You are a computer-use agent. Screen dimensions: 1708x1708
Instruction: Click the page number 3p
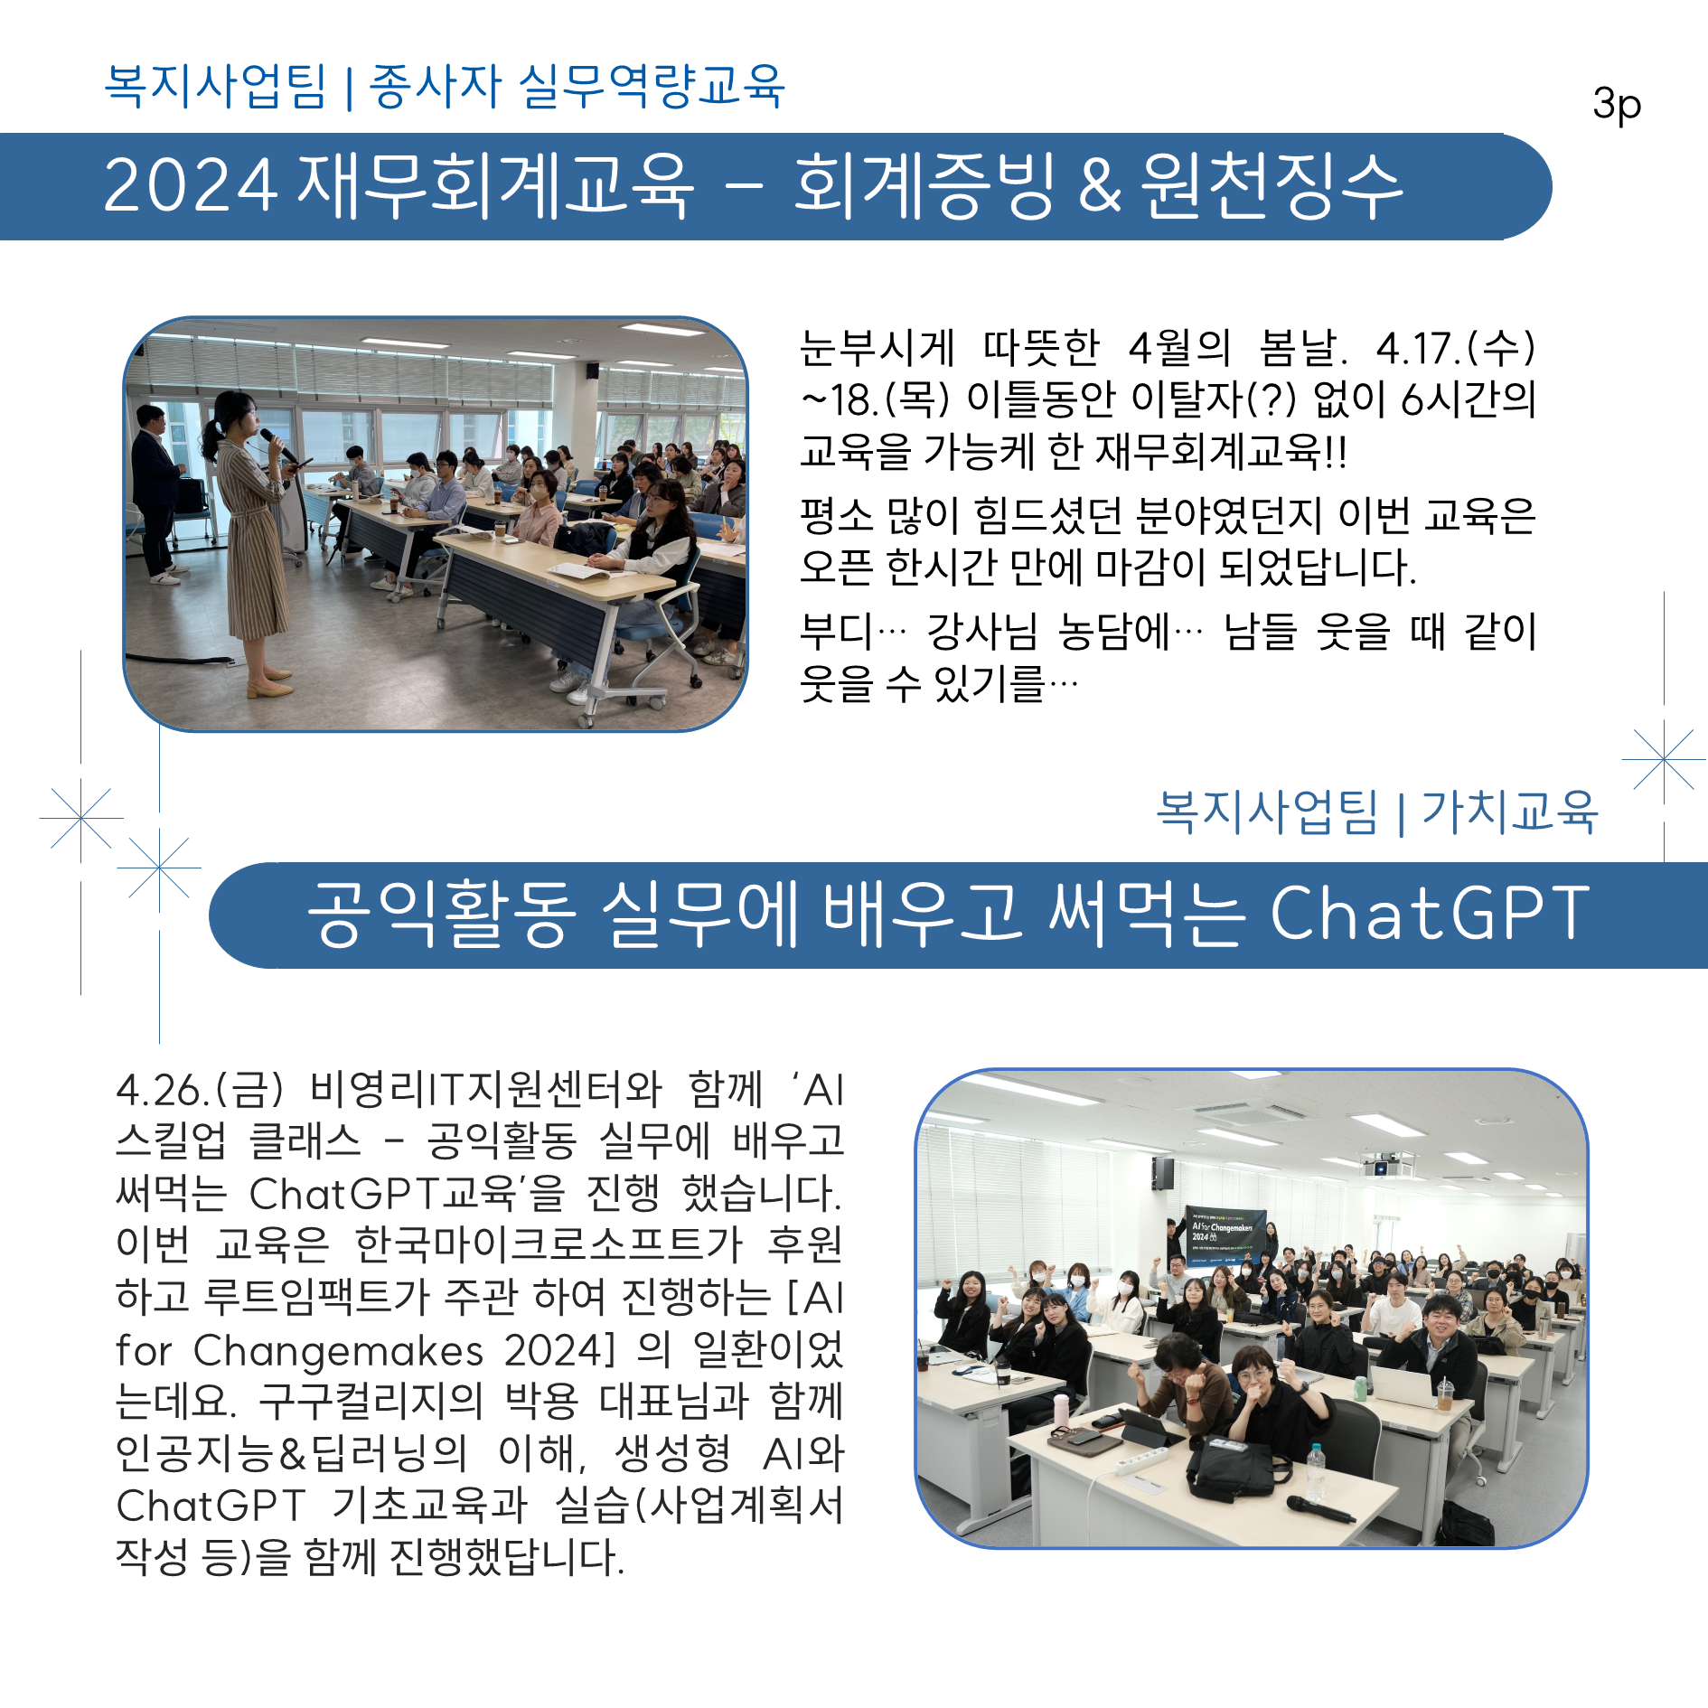point(1617,105)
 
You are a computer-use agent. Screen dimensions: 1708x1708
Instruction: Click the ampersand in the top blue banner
point(1099,185)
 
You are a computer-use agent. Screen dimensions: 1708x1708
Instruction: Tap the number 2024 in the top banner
point(190,185)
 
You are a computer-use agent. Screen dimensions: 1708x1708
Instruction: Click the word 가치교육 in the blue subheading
point(1509,811)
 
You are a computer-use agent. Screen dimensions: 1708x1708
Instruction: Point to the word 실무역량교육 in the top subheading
point(651,87)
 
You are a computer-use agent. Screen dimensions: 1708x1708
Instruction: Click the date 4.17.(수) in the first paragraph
point(1455,348)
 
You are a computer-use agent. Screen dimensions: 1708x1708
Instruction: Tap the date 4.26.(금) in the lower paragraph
point(200,1090)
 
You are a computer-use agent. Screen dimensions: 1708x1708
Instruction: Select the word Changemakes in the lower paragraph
point(338,1351)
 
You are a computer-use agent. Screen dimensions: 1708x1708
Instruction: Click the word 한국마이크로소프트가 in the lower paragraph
point(548,1245)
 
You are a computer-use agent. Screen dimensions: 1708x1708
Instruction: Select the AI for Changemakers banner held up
point(1225,1234)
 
